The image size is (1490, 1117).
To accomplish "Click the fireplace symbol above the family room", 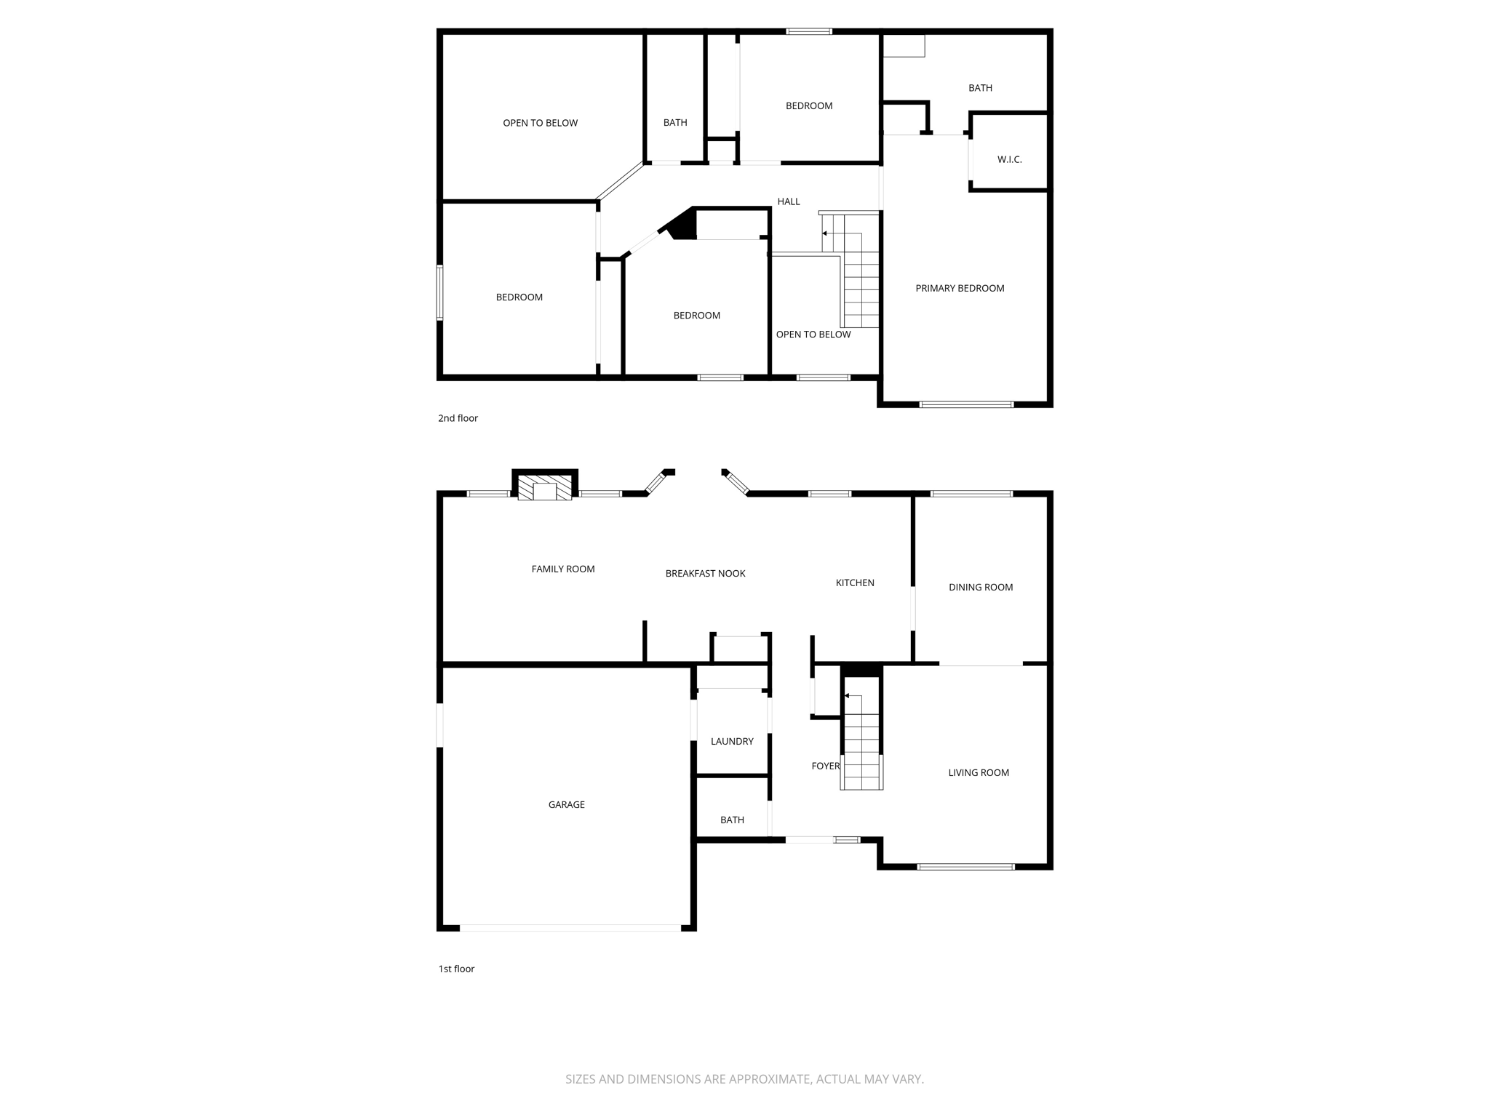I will tap(544, 489).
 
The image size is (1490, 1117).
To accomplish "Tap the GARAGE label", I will tap(566, 804).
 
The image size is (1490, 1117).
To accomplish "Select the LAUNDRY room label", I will tap(732, 741).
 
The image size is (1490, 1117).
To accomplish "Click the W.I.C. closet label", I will tap(1009, 159).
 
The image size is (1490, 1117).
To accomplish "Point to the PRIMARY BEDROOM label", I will tap(960, 288).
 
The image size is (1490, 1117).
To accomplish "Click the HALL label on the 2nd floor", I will tap(789, 201).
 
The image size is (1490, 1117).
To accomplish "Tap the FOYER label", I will tap(825, 766).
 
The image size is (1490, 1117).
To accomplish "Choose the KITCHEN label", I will tap(855, 582).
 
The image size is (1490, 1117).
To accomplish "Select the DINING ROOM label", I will tap(981, 587).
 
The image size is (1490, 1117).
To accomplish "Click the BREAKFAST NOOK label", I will tap(705, 573).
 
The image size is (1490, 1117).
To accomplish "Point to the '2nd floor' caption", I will tap(458, 418).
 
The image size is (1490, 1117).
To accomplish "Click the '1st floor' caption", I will tap(456, 969).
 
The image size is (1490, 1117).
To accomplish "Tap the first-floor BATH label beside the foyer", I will tap(732, 820).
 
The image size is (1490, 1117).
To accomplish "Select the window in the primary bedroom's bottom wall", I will tap(966, 404).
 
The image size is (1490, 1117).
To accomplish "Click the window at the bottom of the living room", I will tap(965, 866).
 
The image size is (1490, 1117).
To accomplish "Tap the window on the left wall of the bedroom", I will tap(439, 292).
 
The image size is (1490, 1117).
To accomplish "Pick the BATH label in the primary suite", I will tap(980, 88).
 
